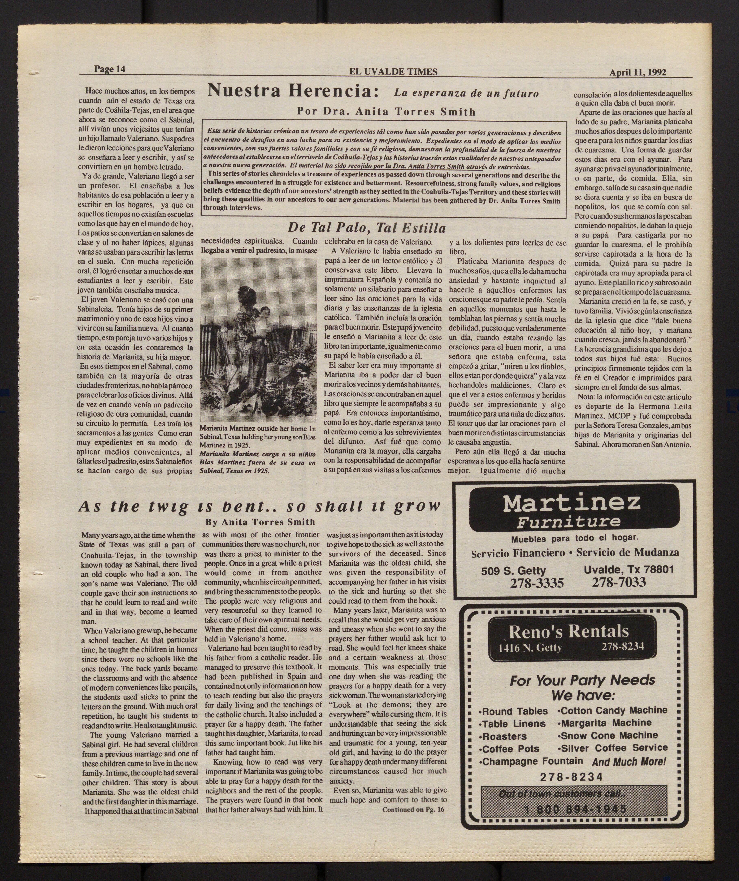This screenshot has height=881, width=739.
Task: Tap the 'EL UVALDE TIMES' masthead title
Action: point(393,72)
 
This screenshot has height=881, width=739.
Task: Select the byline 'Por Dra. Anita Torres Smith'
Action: point(386,112)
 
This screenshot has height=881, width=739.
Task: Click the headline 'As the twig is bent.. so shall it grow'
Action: point(259,506)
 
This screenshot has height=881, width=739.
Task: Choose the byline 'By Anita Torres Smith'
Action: point(260,522)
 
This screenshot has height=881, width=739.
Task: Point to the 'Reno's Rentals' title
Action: point(569,631)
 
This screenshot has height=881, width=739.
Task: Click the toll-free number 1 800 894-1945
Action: point(575,809)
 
